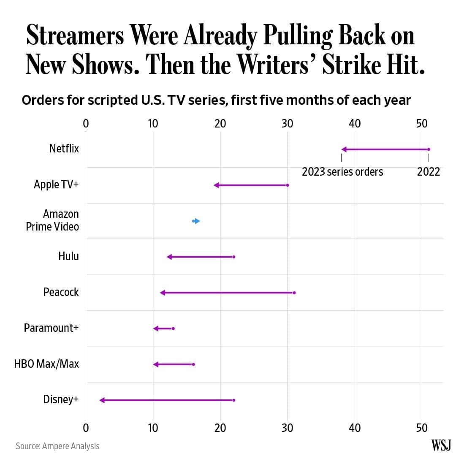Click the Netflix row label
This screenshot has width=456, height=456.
(x=64, y=149)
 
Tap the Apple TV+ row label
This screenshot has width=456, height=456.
(x=56, y=185)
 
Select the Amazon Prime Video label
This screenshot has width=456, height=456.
(x=52, y=220)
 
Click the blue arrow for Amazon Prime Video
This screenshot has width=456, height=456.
(x=197, y=221)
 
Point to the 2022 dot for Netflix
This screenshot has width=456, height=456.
(x=429, y=149)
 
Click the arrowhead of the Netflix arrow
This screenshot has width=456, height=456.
(x=344, y=149)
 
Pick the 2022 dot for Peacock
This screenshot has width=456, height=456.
(x=294, y=293)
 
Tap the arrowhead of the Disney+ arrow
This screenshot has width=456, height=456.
(x=102, y=400)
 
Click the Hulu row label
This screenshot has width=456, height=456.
(x=68, y=256)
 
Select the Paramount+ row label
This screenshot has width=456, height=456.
(x=51, y=328)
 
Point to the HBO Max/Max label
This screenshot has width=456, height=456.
(x=46, y=364)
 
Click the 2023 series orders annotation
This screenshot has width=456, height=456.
(x=342, y=172)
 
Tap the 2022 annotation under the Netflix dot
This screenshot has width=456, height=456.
(x=429, y=172)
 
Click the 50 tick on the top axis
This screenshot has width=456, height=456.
(x=422, y=123)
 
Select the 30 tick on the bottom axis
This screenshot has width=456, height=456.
(x=288, y=428)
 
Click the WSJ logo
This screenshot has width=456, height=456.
(x=441, y=445)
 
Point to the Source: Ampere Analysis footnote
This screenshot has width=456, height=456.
(x=57, y=446)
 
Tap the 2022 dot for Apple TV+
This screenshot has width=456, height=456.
(x=288, y=185)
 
